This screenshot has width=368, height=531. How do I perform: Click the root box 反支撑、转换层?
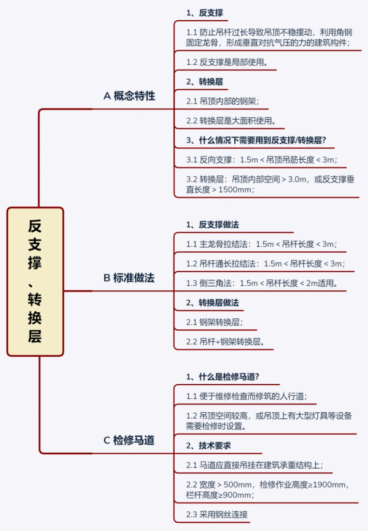point(35,282)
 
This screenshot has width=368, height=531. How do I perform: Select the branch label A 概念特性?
point(130,96)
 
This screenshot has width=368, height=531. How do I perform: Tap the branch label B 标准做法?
point(129,278)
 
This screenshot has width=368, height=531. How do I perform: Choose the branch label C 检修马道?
point(129,440)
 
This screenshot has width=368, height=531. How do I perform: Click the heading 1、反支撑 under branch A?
point(205,13)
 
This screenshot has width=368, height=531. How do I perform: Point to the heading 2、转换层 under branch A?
point(205,81)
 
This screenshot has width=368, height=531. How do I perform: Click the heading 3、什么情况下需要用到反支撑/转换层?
point(256,140)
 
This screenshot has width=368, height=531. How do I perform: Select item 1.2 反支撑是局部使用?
point(227,62)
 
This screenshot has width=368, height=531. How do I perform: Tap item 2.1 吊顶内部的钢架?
point(222,101)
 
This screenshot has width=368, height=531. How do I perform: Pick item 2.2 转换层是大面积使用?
point(231,120)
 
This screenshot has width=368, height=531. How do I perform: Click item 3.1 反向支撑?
point(262,160)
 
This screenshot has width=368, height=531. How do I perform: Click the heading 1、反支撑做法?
point(213,225)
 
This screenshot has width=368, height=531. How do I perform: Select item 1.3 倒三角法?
point(262,283)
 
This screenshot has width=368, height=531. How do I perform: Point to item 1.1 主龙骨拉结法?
point(261,244)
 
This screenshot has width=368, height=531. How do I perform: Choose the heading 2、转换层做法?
point(213,302)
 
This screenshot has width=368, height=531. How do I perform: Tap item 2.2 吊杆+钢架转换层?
point(225,341)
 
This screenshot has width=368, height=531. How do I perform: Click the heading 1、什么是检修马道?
point(223,376)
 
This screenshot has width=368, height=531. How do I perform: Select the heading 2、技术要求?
point(208,445)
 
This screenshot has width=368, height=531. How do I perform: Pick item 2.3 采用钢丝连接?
point(217,514)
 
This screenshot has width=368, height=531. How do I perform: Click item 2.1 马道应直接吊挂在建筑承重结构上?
point(254,465)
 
